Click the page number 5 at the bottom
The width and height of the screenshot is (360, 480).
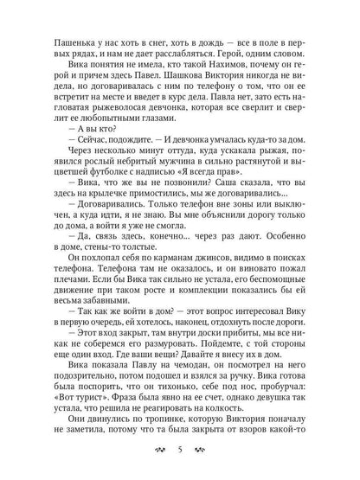click(180, 454)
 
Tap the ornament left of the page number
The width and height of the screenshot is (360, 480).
click(157, 454)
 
